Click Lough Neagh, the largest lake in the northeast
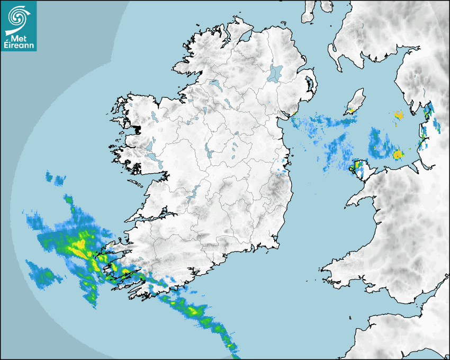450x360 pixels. click(276, 73)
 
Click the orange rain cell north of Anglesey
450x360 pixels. click(398, 155)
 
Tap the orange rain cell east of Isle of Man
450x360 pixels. click(399, 114)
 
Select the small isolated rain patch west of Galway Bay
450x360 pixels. click(55, 179)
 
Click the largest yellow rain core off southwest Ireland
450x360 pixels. click(79, 246)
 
